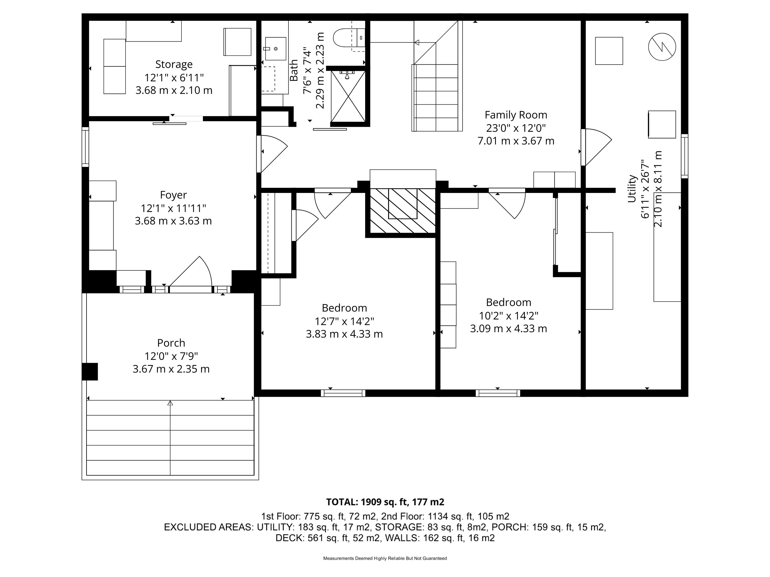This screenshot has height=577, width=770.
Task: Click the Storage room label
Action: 174,64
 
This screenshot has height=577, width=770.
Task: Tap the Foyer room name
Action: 173,195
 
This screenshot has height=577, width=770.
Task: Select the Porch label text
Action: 171,343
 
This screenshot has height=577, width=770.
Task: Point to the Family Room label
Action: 516,115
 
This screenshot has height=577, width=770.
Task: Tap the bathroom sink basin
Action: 276,49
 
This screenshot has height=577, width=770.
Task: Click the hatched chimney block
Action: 402,211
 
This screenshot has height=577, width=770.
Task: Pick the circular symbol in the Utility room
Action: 662,47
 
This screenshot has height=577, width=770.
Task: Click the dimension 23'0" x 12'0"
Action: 516,128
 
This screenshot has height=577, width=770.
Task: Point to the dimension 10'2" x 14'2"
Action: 509,316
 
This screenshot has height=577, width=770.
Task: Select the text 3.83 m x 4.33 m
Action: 344,334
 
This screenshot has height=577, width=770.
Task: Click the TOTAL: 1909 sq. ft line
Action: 385,502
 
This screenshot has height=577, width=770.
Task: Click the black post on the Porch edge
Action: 90,371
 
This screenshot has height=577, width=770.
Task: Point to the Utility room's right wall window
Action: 684,156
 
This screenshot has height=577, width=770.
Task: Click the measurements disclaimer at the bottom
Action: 385,558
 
